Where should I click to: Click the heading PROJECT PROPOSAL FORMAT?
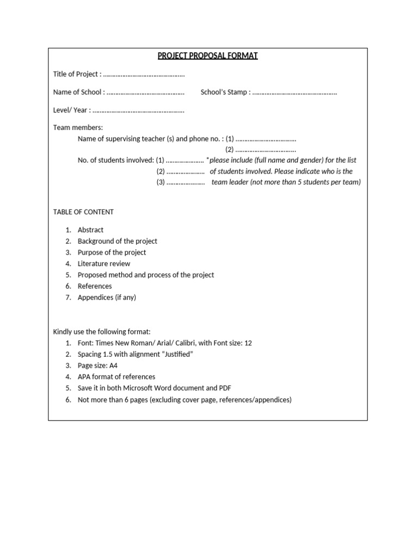(x=208, y=56)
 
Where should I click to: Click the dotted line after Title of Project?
(x=144, y=75)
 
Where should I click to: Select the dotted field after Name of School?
(x=145, y=92)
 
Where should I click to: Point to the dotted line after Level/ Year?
(x=138, y=110)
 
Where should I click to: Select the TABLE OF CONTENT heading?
(x=83, y=212)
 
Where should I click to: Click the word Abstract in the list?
(x=90, y=230)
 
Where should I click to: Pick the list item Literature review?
(x=104, y=264)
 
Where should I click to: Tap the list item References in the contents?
(x=95, y=286)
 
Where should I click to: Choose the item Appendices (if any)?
(x=107, y=298)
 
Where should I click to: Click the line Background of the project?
(x=118, y=241)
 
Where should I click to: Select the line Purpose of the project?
(x=112, y=252)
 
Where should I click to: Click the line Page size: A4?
(x=97, y=366)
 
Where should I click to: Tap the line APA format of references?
(x=116, y=376)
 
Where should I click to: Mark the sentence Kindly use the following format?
(x=101, y=332)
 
